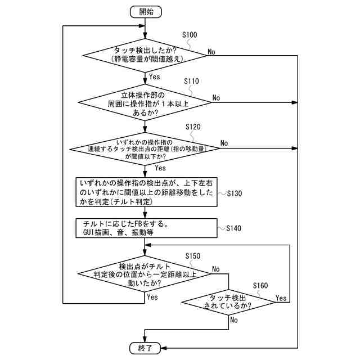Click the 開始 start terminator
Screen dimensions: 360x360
coord(146,12)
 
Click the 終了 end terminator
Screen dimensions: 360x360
coord(145,348)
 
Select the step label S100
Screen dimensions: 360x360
coord(190,35)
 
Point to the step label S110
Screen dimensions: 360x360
coord(191,81)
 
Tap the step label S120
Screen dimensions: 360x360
coord(193,127)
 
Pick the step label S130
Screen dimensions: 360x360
coord(235,193)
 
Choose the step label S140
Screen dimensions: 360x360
coord(234,228)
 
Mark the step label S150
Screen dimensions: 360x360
coord(193,256)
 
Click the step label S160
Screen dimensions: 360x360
coord(260,286)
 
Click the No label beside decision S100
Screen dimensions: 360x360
coord(211,52)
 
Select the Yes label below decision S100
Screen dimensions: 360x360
coord(155,76)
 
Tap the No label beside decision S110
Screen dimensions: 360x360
coord(216,98)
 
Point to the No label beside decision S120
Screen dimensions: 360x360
coord(224,143)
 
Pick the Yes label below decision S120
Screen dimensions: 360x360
coord(160,168)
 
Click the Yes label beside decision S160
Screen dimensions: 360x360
coord(281,298)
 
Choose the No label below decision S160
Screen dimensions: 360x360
coord(234,320)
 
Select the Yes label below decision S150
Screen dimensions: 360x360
coord(152,297)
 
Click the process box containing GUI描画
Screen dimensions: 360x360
coord(146,228)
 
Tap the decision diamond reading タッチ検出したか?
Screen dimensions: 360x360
coord(145,56)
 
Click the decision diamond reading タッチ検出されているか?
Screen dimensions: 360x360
coord(228,302)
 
